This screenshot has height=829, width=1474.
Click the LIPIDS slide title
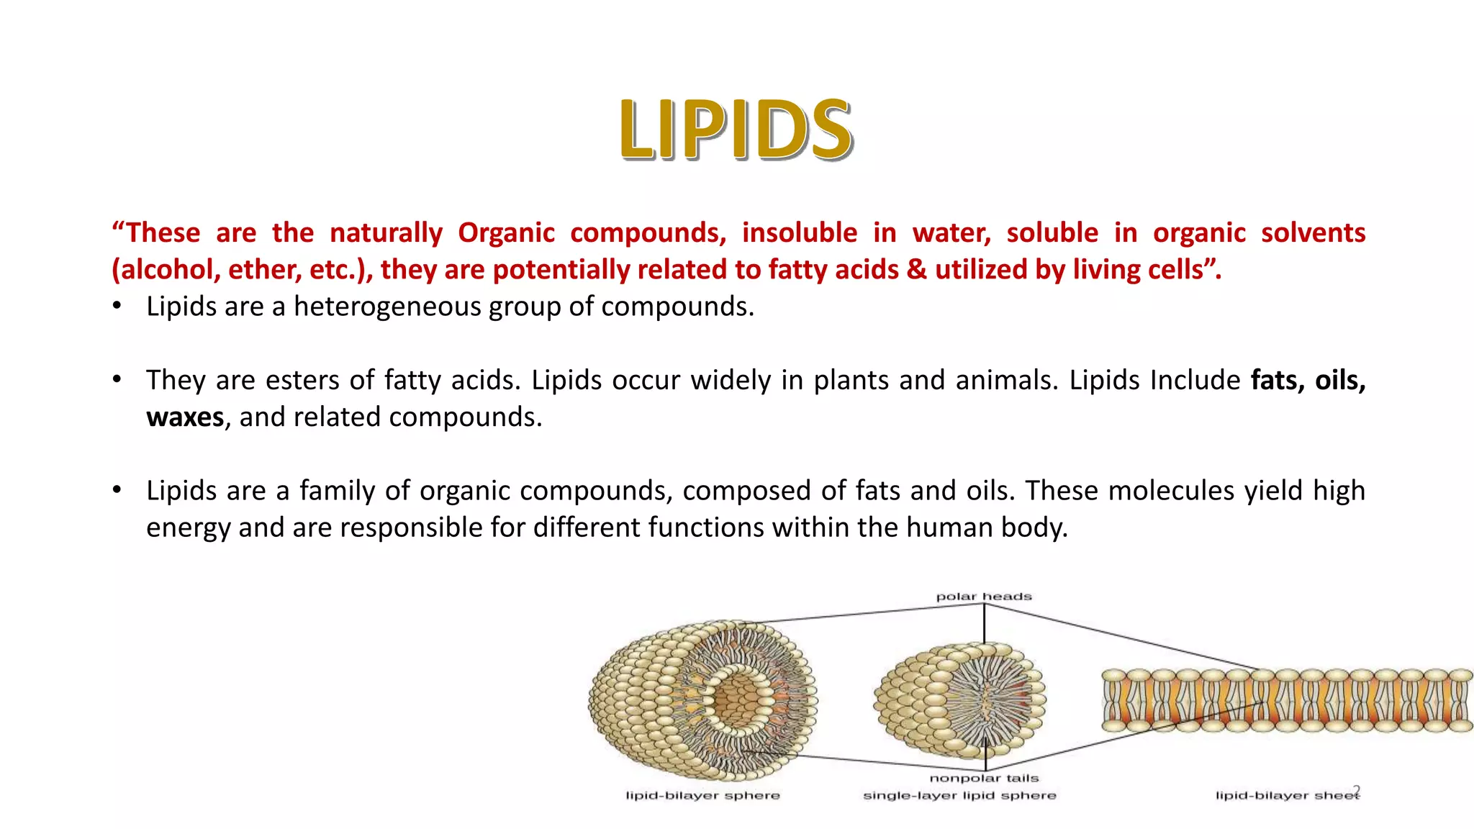coord(736,130)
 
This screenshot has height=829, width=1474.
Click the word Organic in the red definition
coord(506,233)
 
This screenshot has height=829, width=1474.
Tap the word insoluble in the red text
coord(800,233)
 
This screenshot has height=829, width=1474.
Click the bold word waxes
coord(185,417)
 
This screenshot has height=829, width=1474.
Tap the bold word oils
coord(1339,381)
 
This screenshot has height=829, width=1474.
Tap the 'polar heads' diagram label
coord(983,597)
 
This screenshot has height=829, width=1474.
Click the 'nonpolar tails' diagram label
coord(984,778)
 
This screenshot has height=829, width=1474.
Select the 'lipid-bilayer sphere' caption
coord(702,795)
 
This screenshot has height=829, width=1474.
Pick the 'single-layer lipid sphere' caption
coord(959,795)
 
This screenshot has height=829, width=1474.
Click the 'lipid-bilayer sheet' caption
coord(1285,795)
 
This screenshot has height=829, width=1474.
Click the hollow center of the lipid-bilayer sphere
coord(736,698)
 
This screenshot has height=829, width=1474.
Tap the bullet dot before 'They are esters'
coord(117,379)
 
